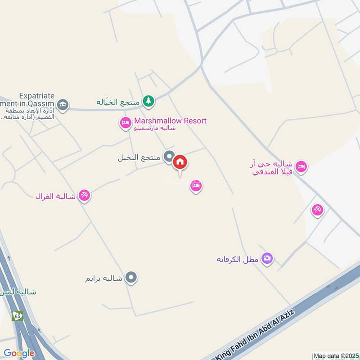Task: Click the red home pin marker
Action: point(180,162)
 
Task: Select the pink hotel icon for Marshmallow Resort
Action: point(125,122)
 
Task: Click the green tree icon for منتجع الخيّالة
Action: point(148,101)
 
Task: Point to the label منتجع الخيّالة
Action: point(118,102)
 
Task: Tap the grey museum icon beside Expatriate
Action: point(63,105)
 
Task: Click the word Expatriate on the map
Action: point(37,96)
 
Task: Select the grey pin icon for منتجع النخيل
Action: point(169,157)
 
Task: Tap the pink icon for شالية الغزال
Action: point(84,195)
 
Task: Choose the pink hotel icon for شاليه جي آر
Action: point(301,166)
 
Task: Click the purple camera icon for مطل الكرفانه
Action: point(267,258)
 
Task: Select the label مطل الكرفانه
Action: point(238,259)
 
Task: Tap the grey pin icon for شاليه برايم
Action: point(131,278)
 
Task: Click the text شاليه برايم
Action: point(103,278)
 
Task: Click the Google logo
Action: point(19,353)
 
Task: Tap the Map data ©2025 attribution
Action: point(336,355)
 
